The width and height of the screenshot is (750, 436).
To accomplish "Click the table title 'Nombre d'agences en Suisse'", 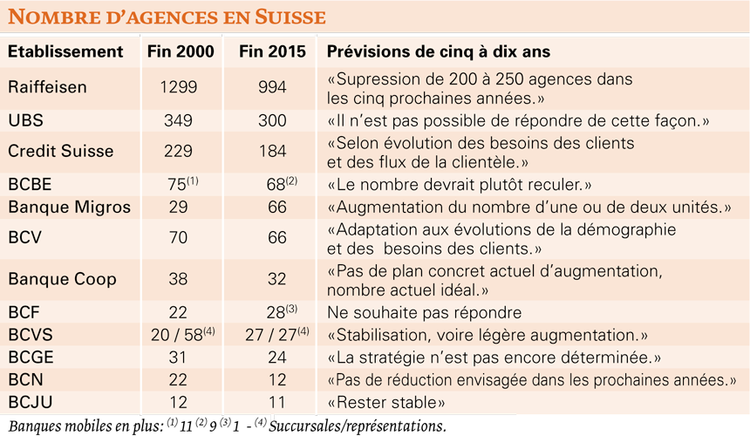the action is point(167,17).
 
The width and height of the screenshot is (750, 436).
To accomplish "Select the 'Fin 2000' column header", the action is point(181,51).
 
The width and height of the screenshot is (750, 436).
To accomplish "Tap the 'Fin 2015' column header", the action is point(272,51).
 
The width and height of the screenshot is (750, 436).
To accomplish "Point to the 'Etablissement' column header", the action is point(65,51).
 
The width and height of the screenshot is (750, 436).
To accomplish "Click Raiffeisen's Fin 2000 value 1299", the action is point(179,87).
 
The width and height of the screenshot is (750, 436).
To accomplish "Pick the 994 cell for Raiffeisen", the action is point(272,87).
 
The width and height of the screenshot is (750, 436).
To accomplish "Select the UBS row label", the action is point(26,120).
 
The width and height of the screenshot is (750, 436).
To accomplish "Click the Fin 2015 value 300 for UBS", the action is point(272,120).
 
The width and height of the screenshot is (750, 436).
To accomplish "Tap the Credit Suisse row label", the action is point(61,151).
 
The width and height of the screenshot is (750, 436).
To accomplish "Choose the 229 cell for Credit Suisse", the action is point(178,151).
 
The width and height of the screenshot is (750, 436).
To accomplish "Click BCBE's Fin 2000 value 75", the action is point(177,185).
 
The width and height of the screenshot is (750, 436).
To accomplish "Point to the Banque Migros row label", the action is point(70,207).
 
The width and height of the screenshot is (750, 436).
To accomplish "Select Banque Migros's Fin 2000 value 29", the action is point(178,207).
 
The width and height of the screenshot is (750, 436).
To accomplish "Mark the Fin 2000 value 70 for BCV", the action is point(178,237).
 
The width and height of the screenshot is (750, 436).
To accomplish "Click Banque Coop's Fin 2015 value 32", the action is point(277,279).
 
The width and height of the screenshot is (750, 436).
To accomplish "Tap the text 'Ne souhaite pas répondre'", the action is point(424,313).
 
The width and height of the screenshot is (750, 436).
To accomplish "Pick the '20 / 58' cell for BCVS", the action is point(176,335).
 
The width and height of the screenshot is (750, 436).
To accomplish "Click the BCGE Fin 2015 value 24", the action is point(277,358).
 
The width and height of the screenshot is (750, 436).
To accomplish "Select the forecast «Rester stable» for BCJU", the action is point(386,403).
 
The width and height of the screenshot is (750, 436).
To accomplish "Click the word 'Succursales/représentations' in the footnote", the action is point(358,426).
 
